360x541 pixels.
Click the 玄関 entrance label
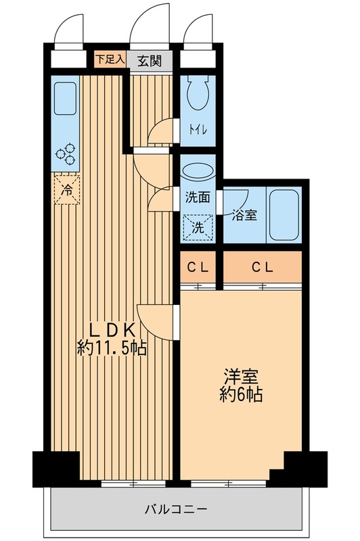point(150,60)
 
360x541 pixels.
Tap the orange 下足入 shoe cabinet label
point(109,60)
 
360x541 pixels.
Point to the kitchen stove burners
point(66,155)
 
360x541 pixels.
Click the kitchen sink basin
point(65,100)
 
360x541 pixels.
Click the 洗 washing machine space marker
point(198,227)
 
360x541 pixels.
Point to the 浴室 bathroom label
point(244,216)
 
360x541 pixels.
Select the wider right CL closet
point(263,266)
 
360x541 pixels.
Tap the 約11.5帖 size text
point(112,350)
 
